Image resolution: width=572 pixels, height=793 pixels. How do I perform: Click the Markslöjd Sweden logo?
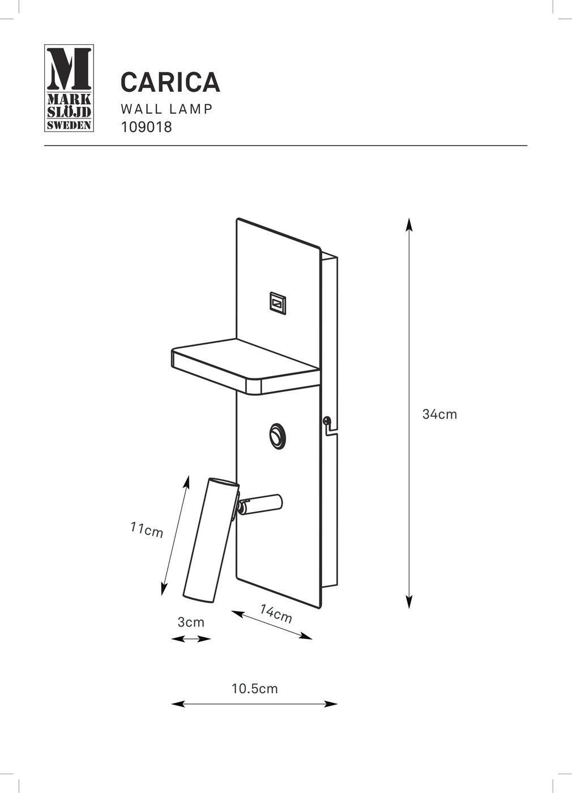pyautogui.click(x=69, y=88)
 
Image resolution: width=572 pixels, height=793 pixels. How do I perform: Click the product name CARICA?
pyautogui.click(x=170, y=82)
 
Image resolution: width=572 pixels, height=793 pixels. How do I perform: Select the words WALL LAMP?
pyautogui.click(x=167, y=109)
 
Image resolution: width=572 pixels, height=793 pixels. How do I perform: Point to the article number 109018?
pyautogui.click(x=146, y=127)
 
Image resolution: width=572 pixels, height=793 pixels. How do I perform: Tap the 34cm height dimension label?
pyautogui.click(x=439, y=414)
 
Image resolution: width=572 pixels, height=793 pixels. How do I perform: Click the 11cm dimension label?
pyautogui.click(x=147, y=530)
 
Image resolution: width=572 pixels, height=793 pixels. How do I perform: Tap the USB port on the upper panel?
pyautogui.click(x=278, y=303)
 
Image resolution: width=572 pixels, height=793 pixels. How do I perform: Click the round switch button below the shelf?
pyautogui.click(x=278, y=435)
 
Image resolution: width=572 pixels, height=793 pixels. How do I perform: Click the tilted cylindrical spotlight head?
pyautogui.click(x=211, y=539)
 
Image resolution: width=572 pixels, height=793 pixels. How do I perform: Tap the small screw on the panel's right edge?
pyautogui.click(x=326, y=420)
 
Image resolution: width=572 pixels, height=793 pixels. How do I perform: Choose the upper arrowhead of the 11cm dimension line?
pyautogui.click(x=187, y=482)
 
